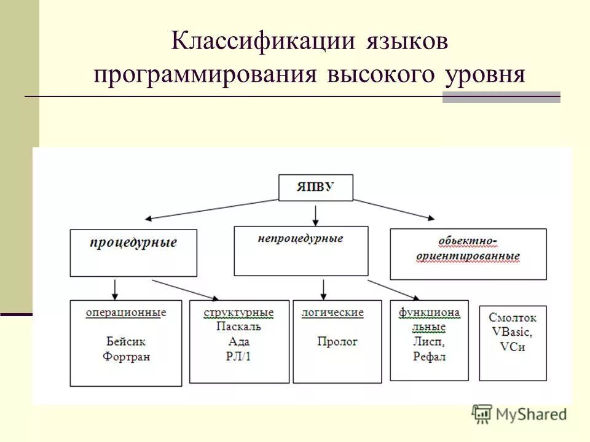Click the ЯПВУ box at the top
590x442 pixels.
[x=316, y=188]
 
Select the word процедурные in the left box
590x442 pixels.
[x=133, y=242]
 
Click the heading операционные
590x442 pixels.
[x=126, y=312]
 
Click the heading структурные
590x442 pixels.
[x=238, y=313]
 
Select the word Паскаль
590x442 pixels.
[x=238, y=327]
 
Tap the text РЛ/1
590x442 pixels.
[x=238, y=357]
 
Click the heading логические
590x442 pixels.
[x=332, y=312]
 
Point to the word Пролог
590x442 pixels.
[x=337, y=341]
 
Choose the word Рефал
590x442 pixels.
[x=429, y=357]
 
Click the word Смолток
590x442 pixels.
[x=513, y=317]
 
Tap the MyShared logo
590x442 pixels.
[x=519, y=414]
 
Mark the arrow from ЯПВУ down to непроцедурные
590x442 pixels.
[x=315, y=214]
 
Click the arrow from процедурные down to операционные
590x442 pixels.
[x=115, y=289]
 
